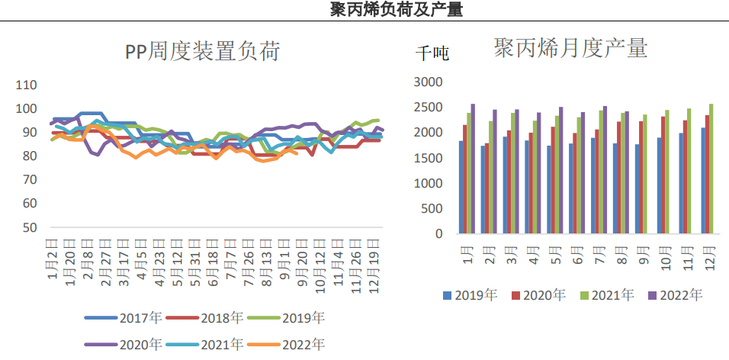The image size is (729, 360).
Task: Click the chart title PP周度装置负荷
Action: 203,52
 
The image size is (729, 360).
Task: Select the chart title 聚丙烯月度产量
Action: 571,49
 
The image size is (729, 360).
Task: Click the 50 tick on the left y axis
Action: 29,227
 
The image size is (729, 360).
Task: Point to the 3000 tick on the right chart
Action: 428,82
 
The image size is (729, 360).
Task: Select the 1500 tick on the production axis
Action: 428,158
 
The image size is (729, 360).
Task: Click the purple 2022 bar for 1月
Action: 473,169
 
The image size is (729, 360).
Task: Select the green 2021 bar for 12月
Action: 711,169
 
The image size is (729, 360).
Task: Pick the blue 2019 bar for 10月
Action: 659,185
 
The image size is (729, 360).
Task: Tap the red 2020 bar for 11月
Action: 686,177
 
